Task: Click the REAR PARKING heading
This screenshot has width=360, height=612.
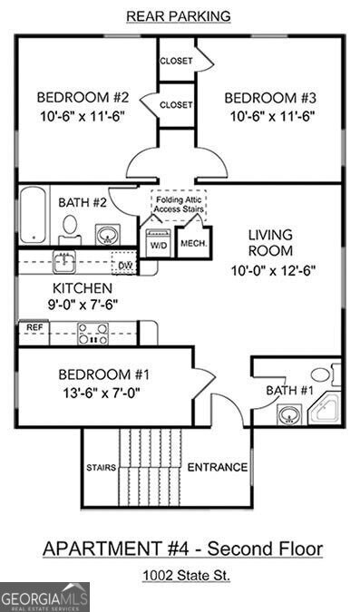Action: tap(179, 15)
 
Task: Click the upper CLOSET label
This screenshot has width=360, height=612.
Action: tap(176, 61)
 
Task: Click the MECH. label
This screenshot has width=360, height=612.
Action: tap(193, 243)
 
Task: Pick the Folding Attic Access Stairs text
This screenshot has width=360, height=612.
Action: tap(179, 203)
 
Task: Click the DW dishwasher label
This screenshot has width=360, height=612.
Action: tap(123, 265)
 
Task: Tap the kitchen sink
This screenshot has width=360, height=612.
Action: tap(63, 262)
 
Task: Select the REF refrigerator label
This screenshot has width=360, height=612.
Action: tap(34, 327)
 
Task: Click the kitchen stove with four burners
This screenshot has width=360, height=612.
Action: tap(92, 335)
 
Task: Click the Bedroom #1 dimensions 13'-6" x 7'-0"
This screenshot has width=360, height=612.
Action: tap(100, 393)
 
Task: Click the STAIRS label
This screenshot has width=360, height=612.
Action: tap(100, 468)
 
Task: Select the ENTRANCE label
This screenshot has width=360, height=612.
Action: tap(217, 468)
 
